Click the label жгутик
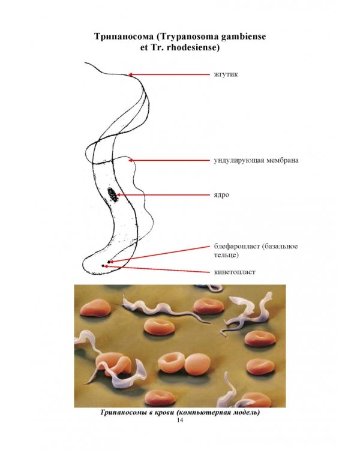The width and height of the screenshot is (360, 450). (226, 74)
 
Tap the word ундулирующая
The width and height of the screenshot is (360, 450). (239, 160)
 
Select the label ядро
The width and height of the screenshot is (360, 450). (221, 195)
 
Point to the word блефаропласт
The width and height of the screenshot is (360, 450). (237, 247)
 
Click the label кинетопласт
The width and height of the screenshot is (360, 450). (235, 272)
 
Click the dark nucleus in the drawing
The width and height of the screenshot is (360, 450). (112, 195)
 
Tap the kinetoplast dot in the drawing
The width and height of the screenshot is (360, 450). (103, 266)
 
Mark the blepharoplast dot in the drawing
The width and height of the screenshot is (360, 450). (109, 262)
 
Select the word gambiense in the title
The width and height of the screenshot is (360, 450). (244, 37)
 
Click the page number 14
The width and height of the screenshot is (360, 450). (180, 420)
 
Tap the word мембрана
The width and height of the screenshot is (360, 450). (283, 160)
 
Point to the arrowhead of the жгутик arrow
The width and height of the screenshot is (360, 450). (130, 74)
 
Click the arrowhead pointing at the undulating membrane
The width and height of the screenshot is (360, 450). (131, 160)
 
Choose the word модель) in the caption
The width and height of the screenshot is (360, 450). (247, 413)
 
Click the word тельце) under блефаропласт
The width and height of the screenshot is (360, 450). (226, 255)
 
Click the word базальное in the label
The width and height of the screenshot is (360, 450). (280, 247)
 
